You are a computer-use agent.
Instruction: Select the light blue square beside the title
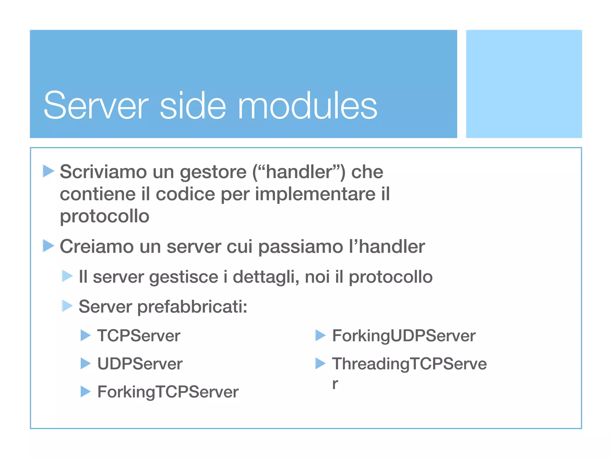click(524, 84)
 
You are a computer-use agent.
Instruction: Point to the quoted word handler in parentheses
click(299, 172)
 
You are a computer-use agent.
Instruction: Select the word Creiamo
click(97, 247)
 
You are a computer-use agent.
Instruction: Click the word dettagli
click(266, 277)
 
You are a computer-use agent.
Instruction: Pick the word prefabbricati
click(192, 307)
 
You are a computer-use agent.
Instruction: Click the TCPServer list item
click(139, 336)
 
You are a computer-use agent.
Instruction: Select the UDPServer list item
click(140, 364)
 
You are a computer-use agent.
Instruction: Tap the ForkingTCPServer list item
click(168, 392)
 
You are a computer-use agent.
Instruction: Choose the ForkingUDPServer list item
click(403, 336)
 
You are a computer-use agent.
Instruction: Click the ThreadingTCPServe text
click(409, 364)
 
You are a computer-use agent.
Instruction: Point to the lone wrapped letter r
click(335, 384)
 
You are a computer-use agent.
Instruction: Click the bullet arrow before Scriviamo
click(48, 171)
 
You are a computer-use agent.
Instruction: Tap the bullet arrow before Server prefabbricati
click(67, 306)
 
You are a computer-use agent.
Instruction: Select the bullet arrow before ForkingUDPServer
click(320, 335)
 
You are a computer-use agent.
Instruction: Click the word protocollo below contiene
click(105, 216)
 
